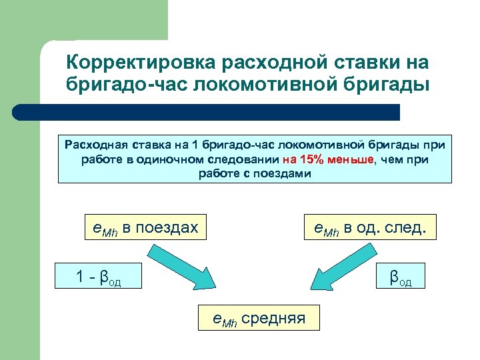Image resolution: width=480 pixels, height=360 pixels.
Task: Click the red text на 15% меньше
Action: pyautogui.click(x=329, y=160)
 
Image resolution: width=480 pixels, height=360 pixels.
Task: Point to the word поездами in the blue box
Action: pyautogui.click(x=287, y=174)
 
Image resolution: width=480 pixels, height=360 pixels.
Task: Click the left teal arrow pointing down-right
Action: pyautogui.click(x=175, y=266)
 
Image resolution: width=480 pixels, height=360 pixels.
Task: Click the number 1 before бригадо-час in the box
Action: pyautogui.click(x=195, y=145)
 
